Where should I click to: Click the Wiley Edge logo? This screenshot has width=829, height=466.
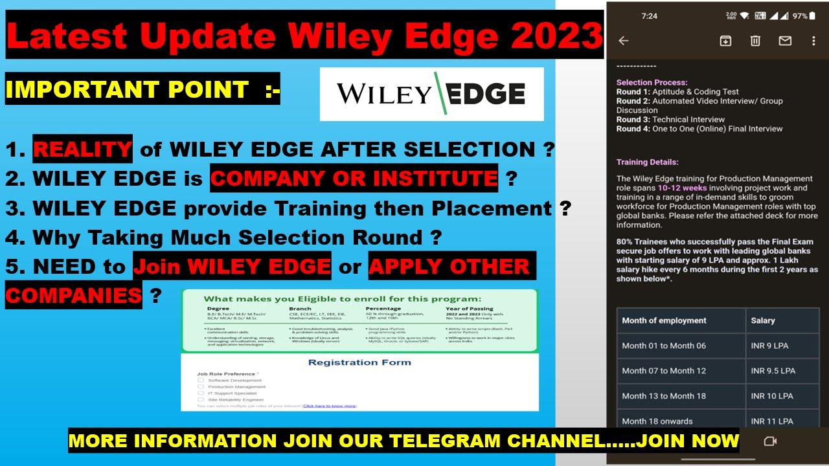[431, 94]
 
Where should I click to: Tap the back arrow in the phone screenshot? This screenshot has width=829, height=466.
[624, 41]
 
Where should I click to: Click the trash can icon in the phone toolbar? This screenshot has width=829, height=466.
[755, 41]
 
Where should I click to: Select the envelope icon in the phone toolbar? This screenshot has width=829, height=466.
[785, 41]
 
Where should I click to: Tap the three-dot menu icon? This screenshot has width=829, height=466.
[814, 41]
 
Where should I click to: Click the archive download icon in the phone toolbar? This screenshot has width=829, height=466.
[725, 41]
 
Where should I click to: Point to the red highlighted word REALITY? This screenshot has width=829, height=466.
[82, 150]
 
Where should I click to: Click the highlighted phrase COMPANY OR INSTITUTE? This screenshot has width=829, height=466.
[354, 178]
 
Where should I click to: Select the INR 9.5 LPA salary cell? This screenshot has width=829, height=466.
[773, 371]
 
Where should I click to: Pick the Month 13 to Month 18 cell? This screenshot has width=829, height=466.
[664, 396]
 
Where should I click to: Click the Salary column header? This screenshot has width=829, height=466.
[762, 320]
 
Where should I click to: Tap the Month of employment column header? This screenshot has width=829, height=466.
[664, 320]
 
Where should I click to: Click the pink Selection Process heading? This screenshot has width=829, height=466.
[652, 83]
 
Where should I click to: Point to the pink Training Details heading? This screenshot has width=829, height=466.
[648, 162]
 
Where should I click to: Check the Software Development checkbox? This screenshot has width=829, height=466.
[201, 381]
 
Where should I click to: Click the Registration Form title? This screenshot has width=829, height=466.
[359, 362]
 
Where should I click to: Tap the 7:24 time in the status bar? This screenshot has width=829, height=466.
[649, 16]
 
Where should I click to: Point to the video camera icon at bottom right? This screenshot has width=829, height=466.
[770, 441]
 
